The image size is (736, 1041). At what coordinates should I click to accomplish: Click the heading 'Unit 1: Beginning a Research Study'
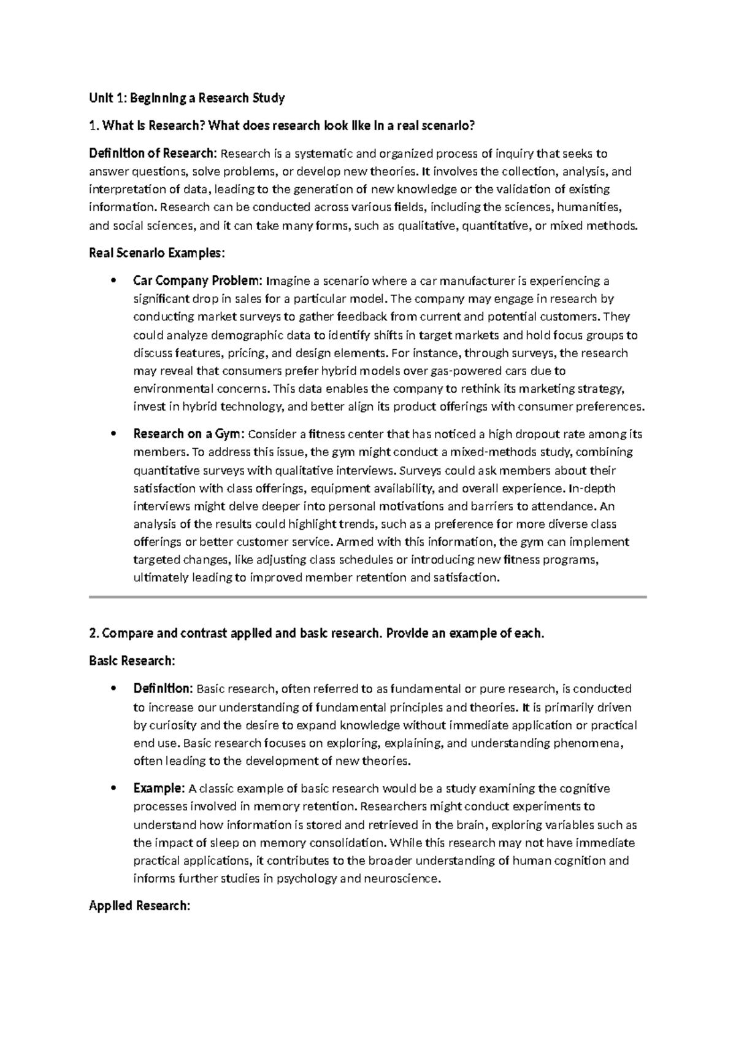tap(187, 98)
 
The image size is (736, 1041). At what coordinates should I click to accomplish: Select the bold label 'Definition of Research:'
tap(153, 153)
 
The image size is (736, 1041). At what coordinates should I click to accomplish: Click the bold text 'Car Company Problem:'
tap(198, 281)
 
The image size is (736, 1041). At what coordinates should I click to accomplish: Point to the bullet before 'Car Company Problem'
tap(112, 282)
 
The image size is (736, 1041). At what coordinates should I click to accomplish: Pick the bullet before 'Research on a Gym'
tap(112, 435)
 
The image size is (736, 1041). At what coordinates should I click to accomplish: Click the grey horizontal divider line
tap(368, 597)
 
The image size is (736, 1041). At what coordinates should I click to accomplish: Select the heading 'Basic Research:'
tap(132, 660)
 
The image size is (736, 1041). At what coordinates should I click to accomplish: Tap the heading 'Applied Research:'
tap(139, 905)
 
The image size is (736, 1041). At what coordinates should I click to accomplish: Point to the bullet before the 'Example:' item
tap(112, 789)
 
